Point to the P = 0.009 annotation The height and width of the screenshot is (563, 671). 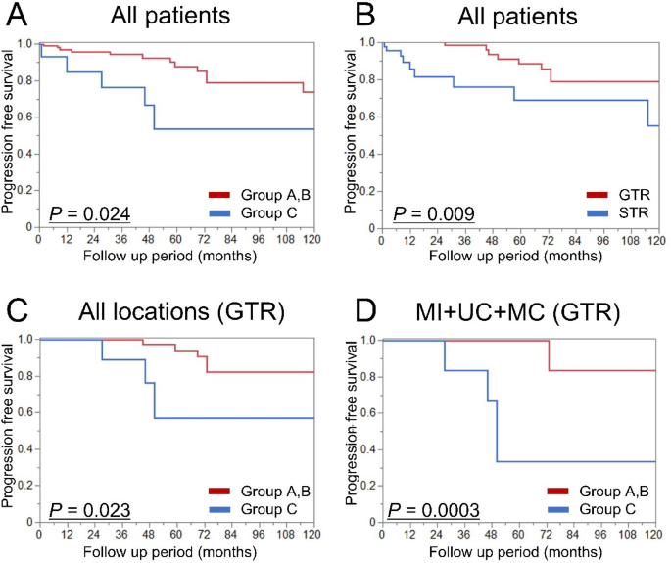pyautogui.click(x=435, y=213)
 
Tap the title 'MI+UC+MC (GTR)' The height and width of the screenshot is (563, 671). pyautogui.click(x=520, y=313)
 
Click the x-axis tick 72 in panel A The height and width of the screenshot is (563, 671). pyautogui.click(x=205, y=238)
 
